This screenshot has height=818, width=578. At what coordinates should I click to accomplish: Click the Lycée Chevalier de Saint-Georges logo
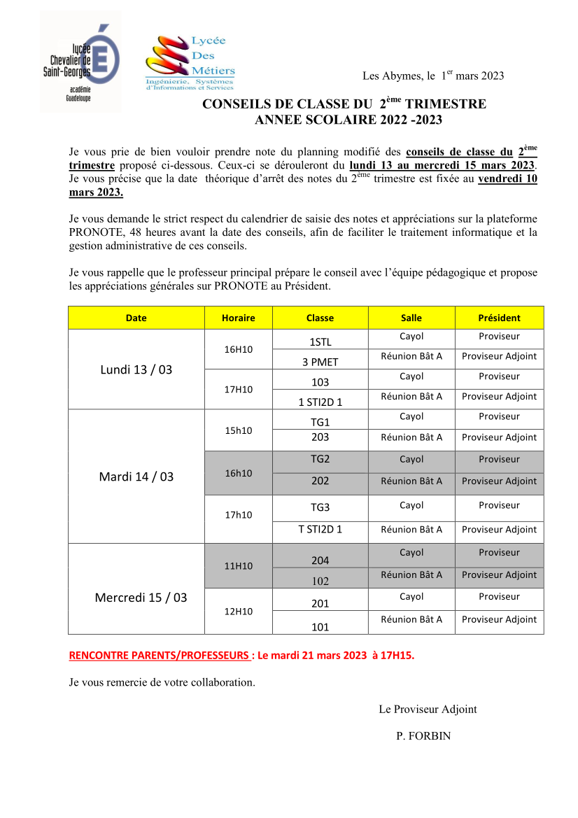[x=80, y=62]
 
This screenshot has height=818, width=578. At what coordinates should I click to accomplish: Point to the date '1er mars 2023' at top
[x=472, y=76]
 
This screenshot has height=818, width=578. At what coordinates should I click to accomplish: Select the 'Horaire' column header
[x=238, y=318]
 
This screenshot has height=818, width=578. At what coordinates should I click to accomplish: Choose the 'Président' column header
[x=499, y=318]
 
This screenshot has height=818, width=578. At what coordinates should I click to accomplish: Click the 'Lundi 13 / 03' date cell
[x=136, y=369]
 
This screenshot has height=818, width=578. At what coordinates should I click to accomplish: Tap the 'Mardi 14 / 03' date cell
[x=136, y=477]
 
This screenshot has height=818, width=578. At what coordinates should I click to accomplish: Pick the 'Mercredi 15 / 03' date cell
[x=141, y=598]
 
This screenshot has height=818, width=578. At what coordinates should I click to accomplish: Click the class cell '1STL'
[x=320, y=342]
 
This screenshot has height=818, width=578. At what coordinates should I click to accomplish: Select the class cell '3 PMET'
[x=320, y=362]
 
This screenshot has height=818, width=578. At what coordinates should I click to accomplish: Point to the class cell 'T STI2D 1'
[x=320, y=529]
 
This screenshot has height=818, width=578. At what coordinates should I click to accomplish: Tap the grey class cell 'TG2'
[x=320, y=460]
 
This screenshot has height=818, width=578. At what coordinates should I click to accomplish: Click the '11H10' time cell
[x=238, y=566]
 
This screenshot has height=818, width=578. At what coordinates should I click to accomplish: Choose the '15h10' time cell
[x=238, y=430]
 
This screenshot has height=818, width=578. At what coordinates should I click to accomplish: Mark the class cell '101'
[x=320, y=627]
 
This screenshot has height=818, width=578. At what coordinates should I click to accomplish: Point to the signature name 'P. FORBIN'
[x=423, y=735]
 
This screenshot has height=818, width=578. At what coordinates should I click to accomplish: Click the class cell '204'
[x=320, y=560]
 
